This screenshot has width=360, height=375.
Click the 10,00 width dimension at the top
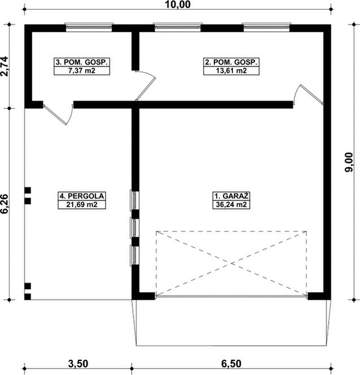tap(178, 5)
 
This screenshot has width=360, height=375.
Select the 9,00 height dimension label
tap(349, 162)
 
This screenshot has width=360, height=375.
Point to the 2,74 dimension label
tap(5, 66)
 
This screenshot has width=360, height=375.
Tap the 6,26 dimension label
tap(5, 204)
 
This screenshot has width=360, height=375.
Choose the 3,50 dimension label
tap(78, 364)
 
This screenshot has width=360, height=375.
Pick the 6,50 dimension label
tap(231, 364)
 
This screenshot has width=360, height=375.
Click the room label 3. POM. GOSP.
tap(82, 62)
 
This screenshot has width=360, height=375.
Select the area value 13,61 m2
tap(231, 71)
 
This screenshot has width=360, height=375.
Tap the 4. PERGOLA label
tap(82, 196)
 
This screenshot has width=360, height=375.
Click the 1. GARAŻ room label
tap(231, 196)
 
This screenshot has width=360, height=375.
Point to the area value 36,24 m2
tap(231, 205)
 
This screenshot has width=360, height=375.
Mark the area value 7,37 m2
tap(82, 71)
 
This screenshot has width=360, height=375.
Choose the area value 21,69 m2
tap(82, 205)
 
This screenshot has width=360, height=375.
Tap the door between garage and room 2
tap(308, 95)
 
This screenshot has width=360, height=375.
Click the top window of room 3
tap(89, 27)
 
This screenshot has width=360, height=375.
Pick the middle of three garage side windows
tap(134, 227)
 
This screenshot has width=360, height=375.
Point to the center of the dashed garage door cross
tap(231, 263)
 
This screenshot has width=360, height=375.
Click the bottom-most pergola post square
tap(28, 297)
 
